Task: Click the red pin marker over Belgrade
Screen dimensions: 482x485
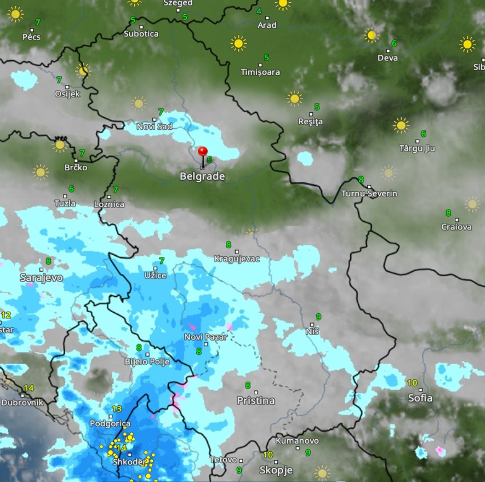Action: pyautogui.click(x=203, y=152)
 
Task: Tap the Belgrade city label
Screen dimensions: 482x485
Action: pyautogui.click(x=202, y=177)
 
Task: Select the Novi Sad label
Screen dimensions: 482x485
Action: pyautogui.click(x=154, y=126)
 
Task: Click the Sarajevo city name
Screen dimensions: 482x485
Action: pyautogui.click(x=41, y=278)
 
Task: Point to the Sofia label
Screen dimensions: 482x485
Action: pyautogui.click(x=420, y=398)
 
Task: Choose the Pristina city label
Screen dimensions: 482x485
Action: pyautogui.click(x=256, y=401)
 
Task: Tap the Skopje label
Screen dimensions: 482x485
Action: pyautogui.click(x=276, y=471)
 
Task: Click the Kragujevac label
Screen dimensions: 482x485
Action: pyautogui.click(x=237, y=259)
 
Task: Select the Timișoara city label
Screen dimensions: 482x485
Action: pyautogui.click(x=260, y=72)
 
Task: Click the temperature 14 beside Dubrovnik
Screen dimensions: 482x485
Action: pyautogui.click(x=29, y=388)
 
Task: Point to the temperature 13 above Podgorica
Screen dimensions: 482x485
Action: pyautogui.click(x=116, y=409)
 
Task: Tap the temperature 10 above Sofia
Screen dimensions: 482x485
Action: pyautogui.click(x=412, y=382)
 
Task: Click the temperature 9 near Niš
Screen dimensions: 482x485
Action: pyautogui.click(x=318, y=317)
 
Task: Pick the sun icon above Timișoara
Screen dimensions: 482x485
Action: pyautogui.click(x=239, y=43)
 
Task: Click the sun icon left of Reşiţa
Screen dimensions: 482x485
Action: pyautogui.click(x=294, y=99)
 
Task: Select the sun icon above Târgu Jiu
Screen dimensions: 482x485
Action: pyautogui.click(x=401, y=125)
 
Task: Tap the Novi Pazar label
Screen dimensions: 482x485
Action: pyautogui.click(x=205, y=337)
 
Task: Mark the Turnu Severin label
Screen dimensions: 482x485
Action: pyautogui.click(x=369, y=194)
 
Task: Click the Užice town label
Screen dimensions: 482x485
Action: pyautogui.click(x=155, y=276)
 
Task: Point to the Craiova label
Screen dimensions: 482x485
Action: pyautogui.click(x=456, y=227)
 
